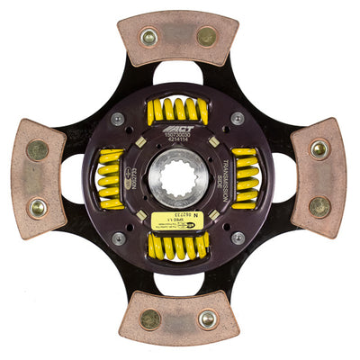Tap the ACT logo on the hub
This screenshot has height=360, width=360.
coord(176,130)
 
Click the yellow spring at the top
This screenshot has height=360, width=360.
coord(177,111)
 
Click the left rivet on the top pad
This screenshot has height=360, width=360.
coord(149,38)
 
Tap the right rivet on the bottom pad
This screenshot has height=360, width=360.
coord(208,319)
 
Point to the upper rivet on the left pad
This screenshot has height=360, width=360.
coord(37,149)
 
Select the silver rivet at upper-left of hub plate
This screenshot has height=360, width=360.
coord(118,118)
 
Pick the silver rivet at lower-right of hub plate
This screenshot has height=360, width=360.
coord(238,238)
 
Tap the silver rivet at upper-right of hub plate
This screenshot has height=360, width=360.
coord(238,118)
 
